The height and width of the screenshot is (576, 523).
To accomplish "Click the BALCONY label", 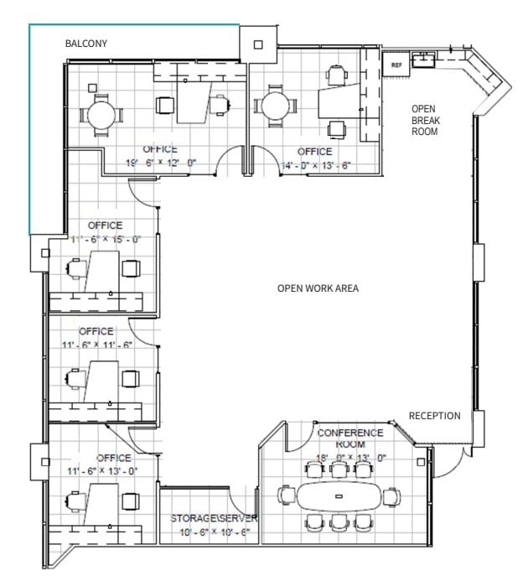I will tap(86, 43).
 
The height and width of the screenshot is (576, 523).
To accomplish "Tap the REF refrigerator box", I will tap(396, 64).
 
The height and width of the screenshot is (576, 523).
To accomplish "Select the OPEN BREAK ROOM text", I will tap(425, 120).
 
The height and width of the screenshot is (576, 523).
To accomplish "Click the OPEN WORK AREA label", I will tap(318, 288).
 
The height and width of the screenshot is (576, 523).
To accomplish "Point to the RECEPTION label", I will tap(434, 416).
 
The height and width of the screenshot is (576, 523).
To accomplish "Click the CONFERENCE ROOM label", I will tap(350, 438).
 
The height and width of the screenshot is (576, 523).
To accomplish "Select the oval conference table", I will tap(339, 497).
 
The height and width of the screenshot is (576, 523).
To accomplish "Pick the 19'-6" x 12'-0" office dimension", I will tap(161, 162).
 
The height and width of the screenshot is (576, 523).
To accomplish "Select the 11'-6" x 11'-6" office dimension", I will tap(97, 345).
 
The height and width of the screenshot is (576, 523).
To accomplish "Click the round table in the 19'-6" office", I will tap(101, 112).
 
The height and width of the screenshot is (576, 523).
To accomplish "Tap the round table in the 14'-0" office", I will tap(275, 106).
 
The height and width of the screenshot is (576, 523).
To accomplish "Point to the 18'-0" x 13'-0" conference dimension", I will tap(351, 458).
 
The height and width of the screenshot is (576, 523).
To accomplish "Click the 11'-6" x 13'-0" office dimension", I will tap(102, 471).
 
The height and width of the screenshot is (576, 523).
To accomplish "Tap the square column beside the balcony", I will tap(257, 44).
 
